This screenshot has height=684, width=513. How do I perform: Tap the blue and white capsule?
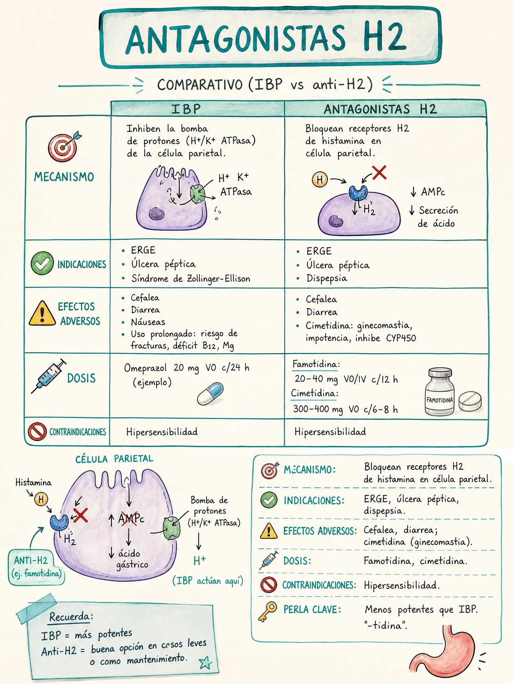pyautogui.click(x=210, y=394)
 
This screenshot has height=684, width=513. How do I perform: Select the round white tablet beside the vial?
pyautogui.click(x=470, y=401)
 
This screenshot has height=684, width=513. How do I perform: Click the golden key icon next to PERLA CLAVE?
pyautogui.click(x=268, y=612)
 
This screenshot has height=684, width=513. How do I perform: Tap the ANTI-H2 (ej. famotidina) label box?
pyautogui.click(x=36, y=567)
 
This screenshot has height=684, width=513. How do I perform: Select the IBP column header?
pyautogui.click(x=186, y=109)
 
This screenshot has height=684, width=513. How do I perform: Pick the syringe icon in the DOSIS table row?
pyautogui.click(x=49, y=376)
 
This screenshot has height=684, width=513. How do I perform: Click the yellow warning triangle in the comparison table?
pyautogui.click(x=42, y=313)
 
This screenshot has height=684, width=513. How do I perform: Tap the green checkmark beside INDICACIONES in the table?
pyautogui.click(x=42, y=263)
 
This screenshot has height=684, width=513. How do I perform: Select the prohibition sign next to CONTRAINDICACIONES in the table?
pyautogui.click(x=37, y=432)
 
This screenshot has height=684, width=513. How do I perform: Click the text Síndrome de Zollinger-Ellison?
pyautogui.click(x=191, y=279)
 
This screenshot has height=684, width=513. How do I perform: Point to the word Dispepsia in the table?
pyautogui.click(x=327, y=279)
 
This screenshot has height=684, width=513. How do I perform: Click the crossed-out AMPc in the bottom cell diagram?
pyautogui.click(x=131, y=518)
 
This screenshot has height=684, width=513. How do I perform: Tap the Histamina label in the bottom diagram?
pyautogui.click(x=34, y=482)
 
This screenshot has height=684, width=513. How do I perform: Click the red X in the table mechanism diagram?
pyautogui.click(x=379, y=173)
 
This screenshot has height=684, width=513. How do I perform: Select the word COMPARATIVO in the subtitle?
pyautogui.click(x=200, y=85)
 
